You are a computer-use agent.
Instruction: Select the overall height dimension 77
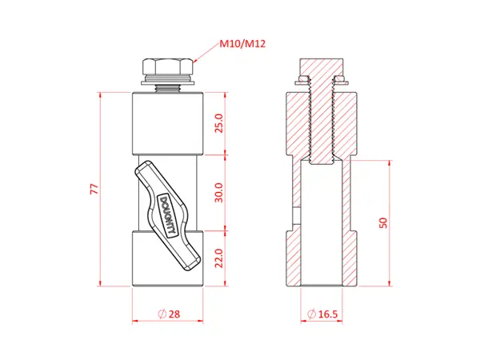tap(94, 189)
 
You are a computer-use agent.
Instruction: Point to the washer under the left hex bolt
tap(167, 80)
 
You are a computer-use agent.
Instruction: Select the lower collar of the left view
tap(168, 260)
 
